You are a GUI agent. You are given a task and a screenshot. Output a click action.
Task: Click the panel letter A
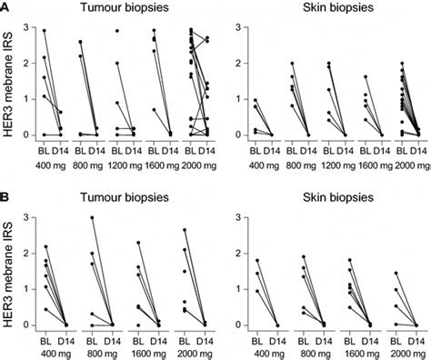(x=6, y=6)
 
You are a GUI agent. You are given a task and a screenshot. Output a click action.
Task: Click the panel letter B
(x=6, y=194)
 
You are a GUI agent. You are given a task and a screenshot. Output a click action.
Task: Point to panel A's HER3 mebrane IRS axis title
(x=9, y=81)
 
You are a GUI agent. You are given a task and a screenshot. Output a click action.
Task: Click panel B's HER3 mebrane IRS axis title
(x=9, y=271)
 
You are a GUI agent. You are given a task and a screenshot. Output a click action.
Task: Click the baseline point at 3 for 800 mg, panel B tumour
(x=92, y=218)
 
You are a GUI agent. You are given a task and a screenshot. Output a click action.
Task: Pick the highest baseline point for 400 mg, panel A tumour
(x=45, y=30)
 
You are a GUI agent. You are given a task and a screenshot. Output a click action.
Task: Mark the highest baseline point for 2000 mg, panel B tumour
(x=185, y=230)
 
